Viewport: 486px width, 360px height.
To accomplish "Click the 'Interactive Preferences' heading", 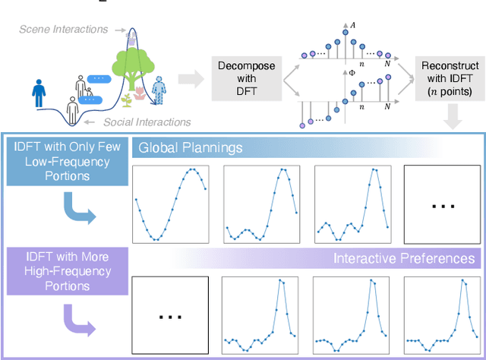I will click(404, 259).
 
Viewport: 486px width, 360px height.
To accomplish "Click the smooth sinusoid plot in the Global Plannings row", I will click(170, 204).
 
